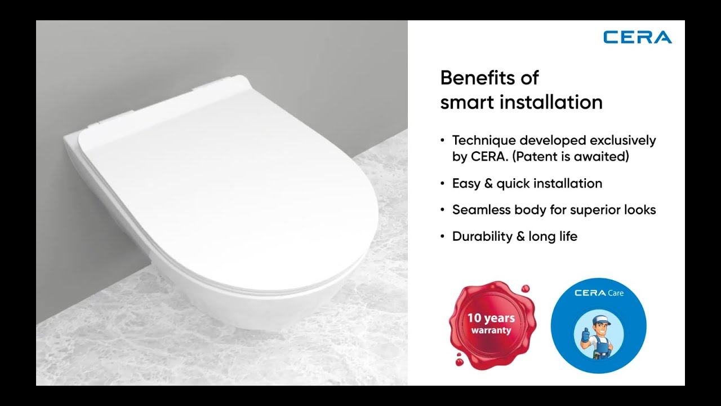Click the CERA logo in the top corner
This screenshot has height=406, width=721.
637,37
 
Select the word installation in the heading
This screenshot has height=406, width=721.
552,102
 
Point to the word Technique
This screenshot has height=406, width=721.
484,140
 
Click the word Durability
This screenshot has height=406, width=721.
482,237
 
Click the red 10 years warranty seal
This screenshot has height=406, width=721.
491,324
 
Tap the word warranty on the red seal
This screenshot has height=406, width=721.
491,330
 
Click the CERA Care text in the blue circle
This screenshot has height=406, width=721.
598,293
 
